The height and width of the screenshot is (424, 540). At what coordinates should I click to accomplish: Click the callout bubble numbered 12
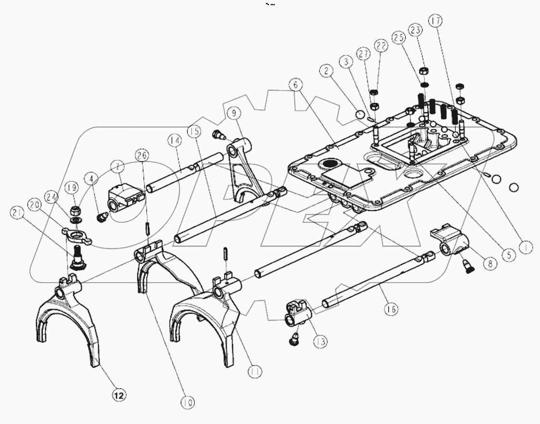coord(118,395)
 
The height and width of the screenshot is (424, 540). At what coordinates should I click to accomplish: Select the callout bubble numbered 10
coord(188,402)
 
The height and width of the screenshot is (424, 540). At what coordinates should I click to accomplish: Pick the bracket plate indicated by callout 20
coord(76,233)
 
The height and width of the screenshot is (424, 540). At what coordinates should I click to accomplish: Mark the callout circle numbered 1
coord(527,247)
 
